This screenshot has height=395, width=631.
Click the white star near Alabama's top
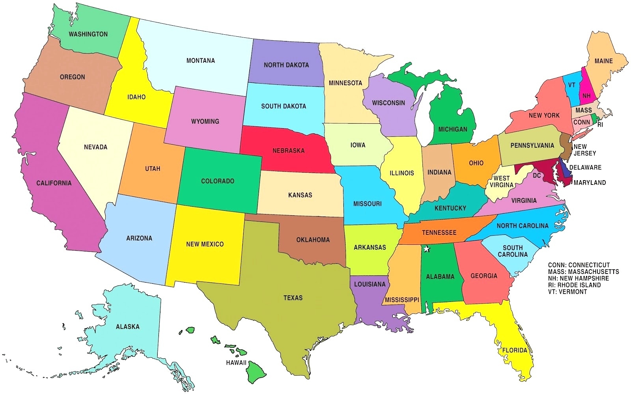[426, 249]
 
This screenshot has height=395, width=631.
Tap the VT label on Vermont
[571, 85]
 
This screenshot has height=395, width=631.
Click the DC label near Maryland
[537, 175]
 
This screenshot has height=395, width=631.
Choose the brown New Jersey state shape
[566, 147]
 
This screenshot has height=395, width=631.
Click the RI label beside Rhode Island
[600, 125]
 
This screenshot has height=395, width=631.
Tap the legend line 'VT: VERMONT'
[567, 292]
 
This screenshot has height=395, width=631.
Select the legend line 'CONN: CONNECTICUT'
[579, 265]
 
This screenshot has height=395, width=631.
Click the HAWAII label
[236, 363]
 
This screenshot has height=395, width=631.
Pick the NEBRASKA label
[288, 151]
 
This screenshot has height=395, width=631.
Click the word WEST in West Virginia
[502, 178]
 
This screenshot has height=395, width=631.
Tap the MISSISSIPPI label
[402, 300]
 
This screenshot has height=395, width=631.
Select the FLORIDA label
[514, 350]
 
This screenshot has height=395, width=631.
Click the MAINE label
[603, 61]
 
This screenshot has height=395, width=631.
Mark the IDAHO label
[136, 97]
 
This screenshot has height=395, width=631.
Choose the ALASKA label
[127, 327]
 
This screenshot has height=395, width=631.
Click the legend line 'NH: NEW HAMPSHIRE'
[578, 278]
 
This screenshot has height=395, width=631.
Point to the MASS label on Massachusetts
[583, 110]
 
